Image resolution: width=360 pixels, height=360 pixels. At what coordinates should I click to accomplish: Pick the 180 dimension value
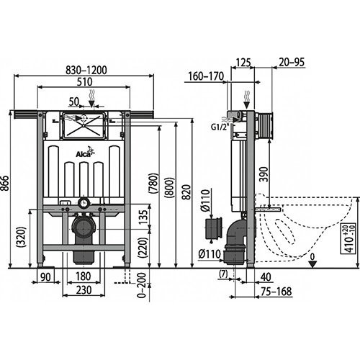(85, 276)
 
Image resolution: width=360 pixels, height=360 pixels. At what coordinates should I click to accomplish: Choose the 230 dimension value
(84, 289)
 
